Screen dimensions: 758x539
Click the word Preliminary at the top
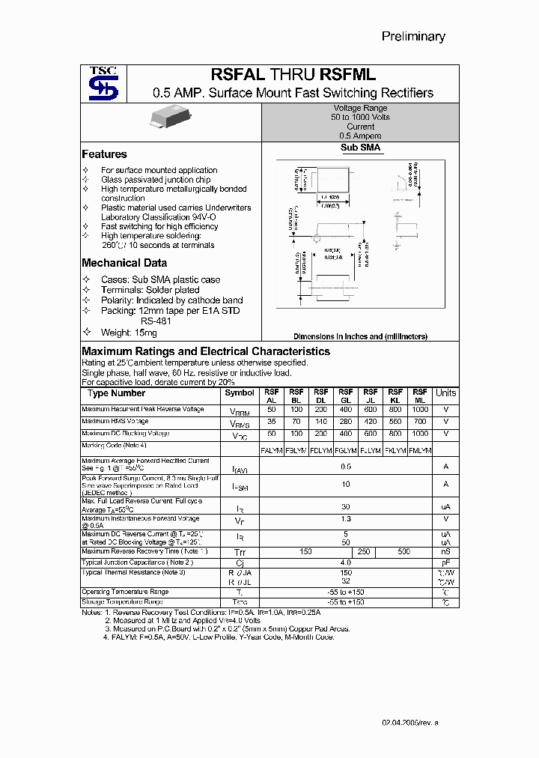(x=413, y=36)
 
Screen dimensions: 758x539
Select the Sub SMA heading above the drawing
(x=360, y=148)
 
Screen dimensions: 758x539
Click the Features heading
(x=104, y=154)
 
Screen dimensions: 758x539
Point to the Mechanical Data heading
(x=124, y=263)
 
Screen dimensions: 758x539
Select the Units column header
(x=445, y=393)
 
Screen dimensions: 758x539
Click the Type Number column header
(x=116, y=393)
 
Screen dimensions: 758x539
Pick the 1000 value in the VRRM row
(x=420, y=410)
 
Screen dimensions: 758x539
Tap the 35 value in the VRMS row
(x=271, y=422)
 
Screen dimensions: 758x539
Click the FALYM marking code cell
(x=271, y=450)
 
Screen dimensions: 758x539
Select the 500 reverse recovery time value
(x=404, y=551)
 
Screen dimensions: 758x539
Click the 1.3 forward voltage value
(x=345, y=518)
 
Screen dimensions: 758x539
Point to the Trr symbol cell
(x=240, y=552)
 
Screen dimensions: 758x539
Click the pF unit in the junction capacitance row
(x=445, y=562)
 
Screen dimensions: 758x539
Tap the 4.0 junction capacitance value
(x=345, y=562)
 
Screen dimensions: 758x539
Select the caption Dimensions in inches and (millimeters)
(x=360, y=337)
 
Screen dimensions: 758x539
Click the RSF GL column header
(x=346, y=396)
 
